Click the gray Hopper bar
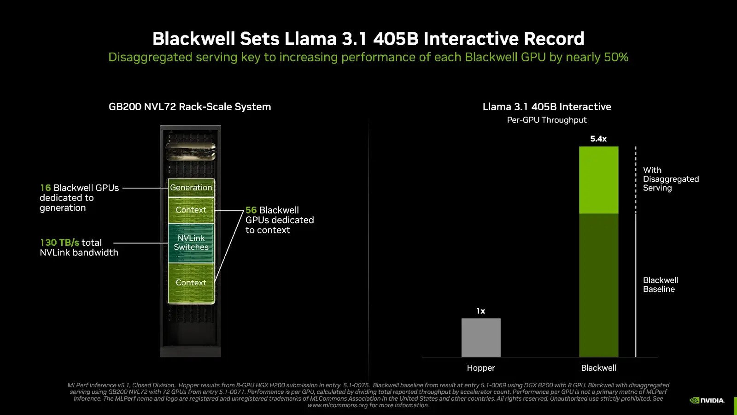point(481,337)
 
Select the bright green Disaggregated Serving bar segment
point(598,180)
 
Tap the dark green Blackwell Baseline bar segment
point(598,285)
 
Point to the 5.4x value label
point(598,139)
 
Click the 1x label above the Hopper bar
point(481,311)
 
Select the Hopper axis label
point(481,368)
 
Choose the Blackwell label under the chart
point(598,368)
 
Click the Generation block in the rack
point(191,188)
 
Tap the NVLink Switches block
point(191,243)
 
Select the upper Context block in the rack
point(191,210)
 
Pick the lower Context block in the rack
point(191,283)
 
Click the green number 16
point(46,188)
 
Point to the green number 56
point(251,210)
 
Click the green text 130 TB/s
point(59,243)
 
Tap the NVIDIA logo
point(707,401)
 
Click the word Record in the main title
point(554,39)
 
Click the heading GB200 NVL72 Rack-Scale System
point(190,107)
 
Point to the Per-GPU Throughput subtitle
point(547,120)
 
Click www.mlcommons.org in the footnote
point(337,405)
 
